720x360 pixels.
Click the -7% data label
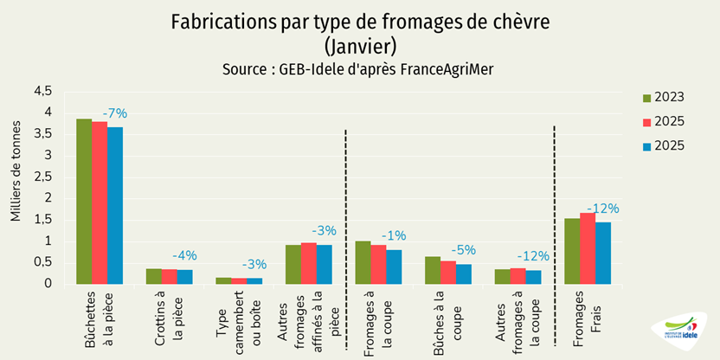point(115,113)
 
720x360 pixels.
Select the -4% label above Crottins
point(185,255)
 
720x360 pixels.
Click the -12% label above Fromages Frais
point(602,209)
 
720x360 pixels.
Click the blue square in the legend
point(648,146)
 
